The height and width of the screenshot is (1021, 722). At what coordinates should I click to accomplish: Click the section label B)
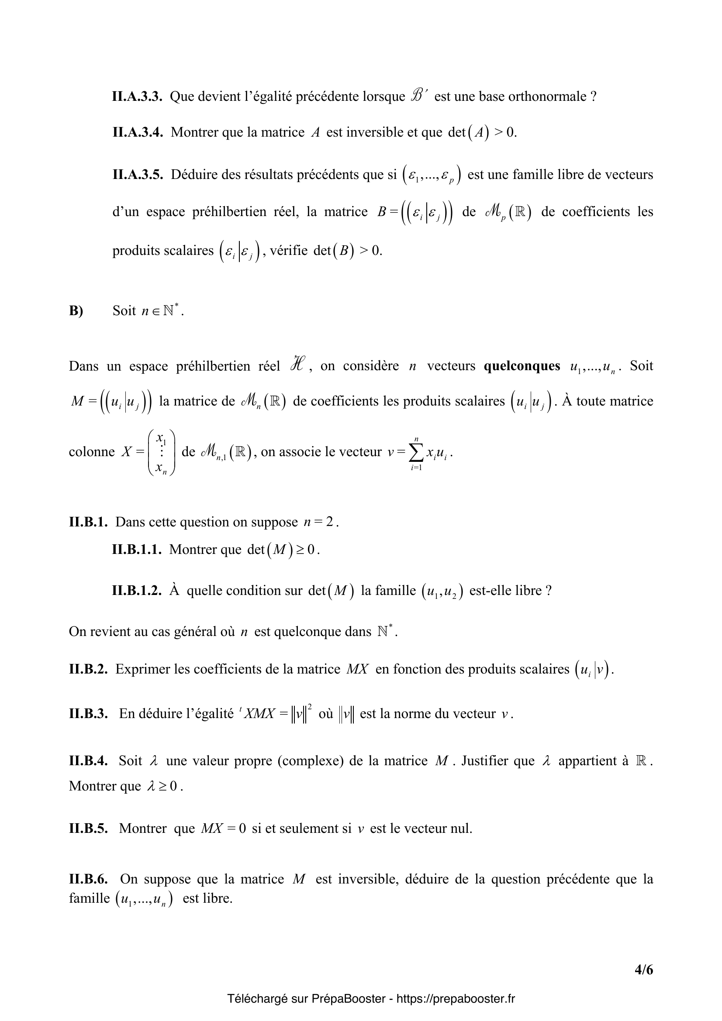click(x=76, y=311)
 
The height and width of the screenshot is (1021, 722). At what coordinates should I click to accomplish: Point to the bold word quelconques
click(x=522, y=366)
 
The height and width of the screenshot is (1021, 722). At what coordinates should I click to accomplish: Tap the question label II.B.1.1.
click(x=137, y=550)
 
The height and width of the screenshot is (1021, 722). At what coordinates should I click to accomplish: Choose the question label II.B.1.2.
click(x=137, y=591)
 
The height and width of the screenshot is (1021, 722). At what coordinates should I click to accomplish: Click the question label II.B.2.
click(x=88, y=669)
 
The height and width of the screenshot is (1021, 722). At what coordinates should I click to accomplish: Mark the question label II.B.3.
click(x=88, y=714)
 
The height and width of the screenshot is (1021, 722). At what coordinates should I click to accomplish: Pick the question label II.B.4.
click(x=88, y=761)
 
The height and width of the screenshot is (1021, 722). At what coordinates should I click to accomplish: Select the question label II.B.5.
click(x=88, y=828)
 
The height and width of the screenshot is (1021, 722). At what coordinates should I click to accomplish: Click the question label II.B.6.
click(x=88, y=879)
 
